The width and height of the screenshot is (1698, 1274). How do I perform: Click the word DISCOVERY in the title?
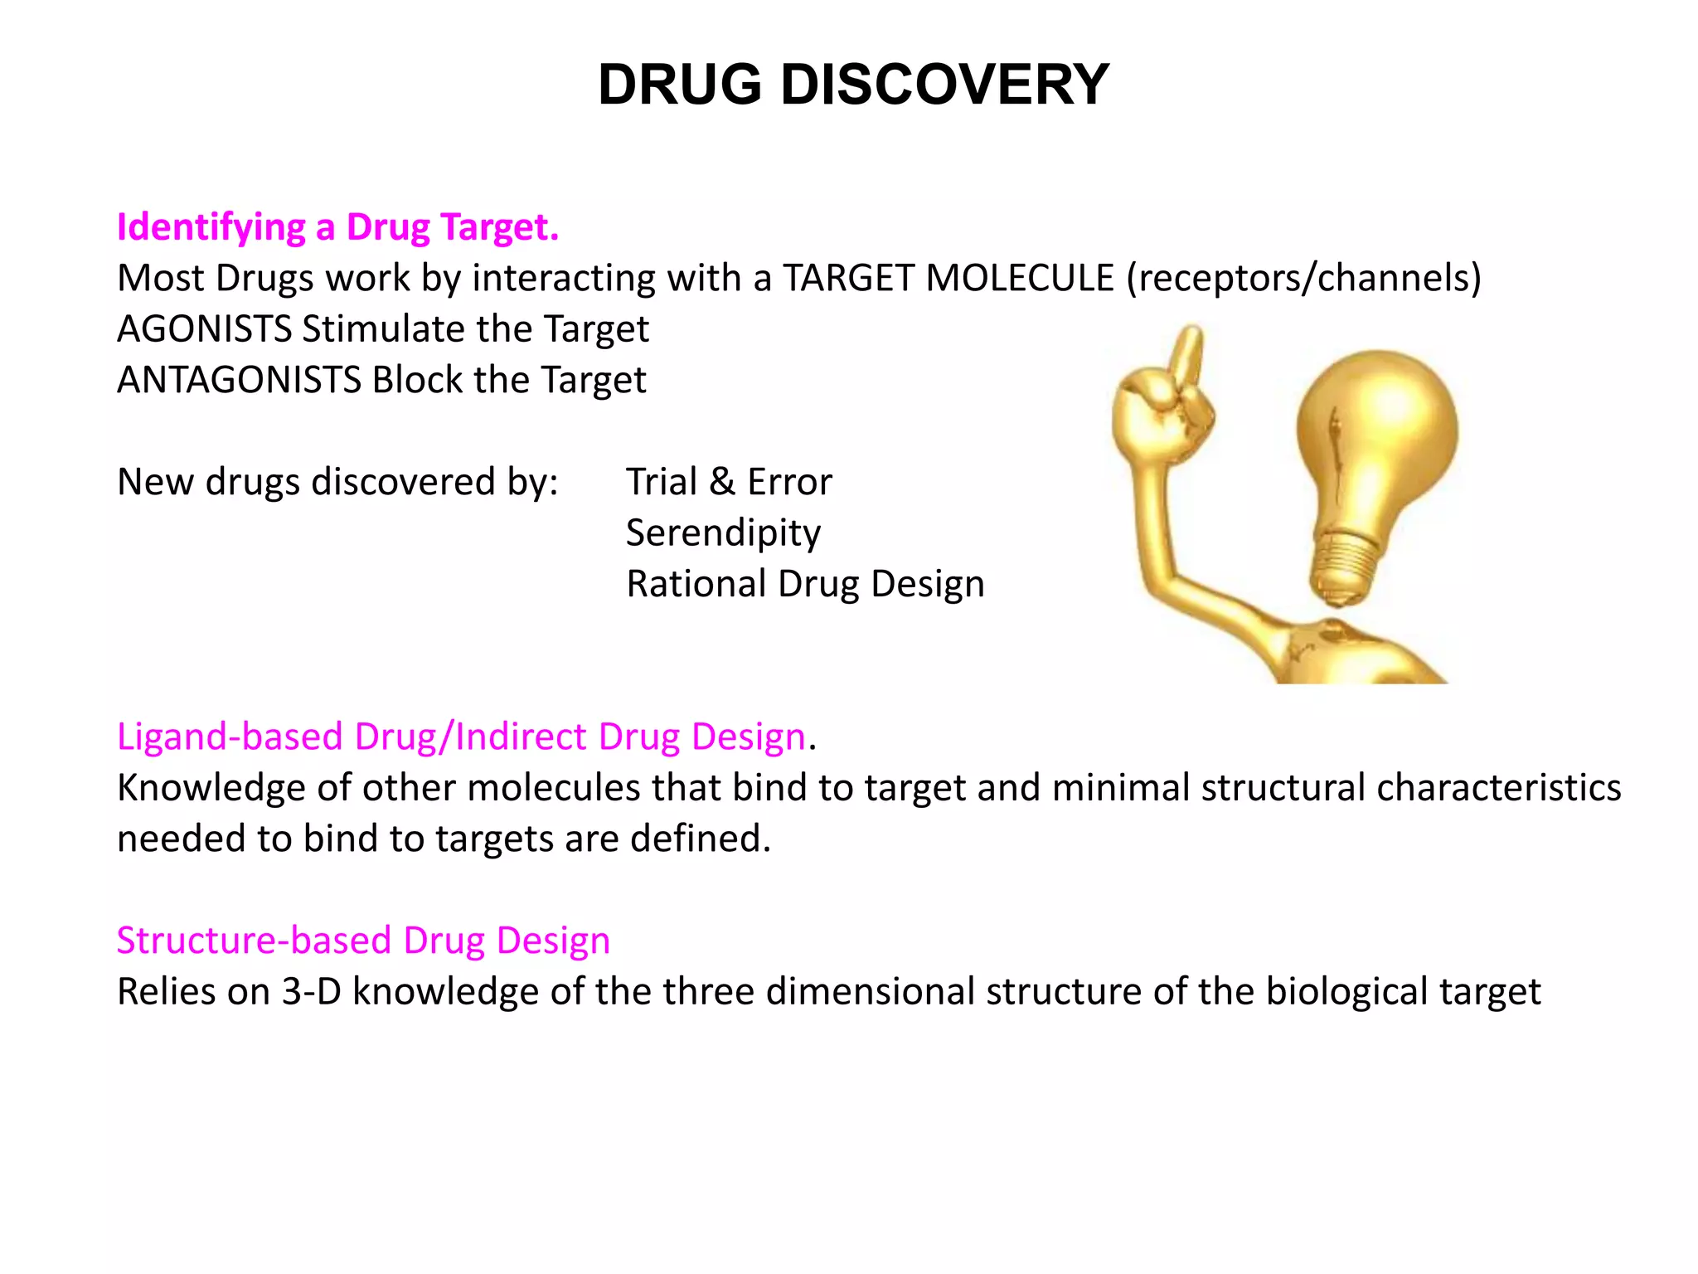(944, 85)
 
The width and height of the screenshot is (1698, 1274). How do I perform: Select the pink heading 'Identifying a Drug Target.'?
(337, 226)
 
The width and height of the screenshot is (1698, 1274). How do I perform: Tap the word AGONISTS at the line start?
(204, 328)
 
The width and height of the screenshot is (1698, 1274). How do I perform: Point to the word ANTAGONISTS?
(239, 380)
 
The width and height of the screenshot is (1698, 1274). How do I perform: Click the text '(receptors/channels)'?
(1303, 278)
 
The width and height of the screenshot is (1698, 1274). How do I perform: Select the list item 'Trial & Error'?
(729, 482)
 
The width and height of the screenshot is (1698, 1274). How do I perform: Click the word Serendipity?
(723, 533)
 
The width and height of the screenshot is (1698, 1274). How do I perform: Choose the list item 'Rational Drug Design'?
(805, 584)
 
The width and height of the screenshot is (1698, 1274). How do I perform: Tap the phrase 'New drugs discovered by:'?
(337, 482)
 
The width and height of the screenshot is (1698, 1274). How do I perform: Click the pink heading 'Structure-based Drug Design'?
(363, 941)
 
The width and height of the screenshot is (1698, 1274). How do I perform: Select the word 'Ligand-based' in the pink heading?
(230, 737)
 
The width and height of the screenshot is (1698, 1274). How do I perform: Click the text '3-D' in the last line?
(312, 992)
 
